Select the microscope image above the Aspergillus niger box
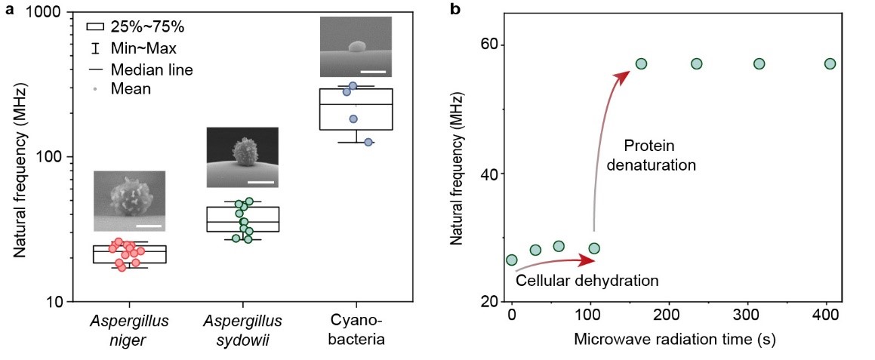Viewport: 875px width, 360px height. tap(129, 201)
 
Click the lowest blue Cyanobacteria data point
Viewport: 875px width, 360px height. tap(368, 142)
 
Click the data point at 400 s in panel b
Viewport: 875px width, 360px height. tap(829, 64)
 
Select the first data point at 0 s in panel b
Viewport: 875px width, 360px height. tap(511, 260)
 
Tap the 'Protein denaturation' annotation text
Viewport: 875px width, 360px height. tap(659, 154)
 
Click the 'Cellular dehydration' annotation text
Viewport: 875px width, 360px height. tap(587, 281)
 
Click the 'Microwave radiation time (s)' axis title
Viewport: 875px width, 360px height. tap(674, 339)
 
